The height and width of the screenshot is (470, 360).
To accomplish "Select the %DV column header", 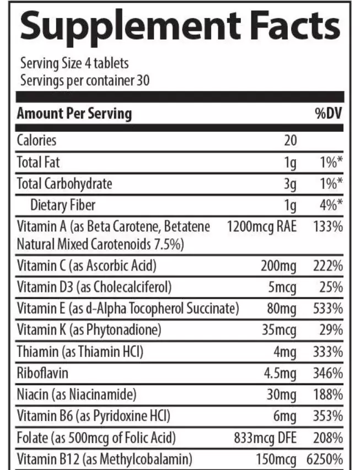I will point(329,114).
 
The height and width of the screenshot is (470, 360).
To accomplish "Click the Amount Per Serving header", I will point(74,114).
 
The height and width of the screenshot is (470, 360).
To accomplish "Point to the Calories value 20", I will point(290,141).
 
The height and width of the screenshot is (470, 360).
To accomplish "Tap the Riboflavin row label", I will point(43,373).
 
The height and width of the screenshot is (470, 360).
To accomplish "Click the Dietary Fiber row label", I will point(63,206).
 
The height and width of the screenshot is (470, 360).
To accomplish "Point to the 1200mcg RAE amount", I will point(261,227).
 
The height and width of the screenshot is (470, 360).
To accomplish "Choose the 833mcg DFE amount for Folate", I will point(265,437).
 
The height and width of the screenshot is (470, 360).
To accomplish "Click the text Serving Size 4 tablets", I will point(74,63).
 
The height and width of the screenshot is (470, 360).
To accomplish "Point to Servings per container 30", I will point(84,80).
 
